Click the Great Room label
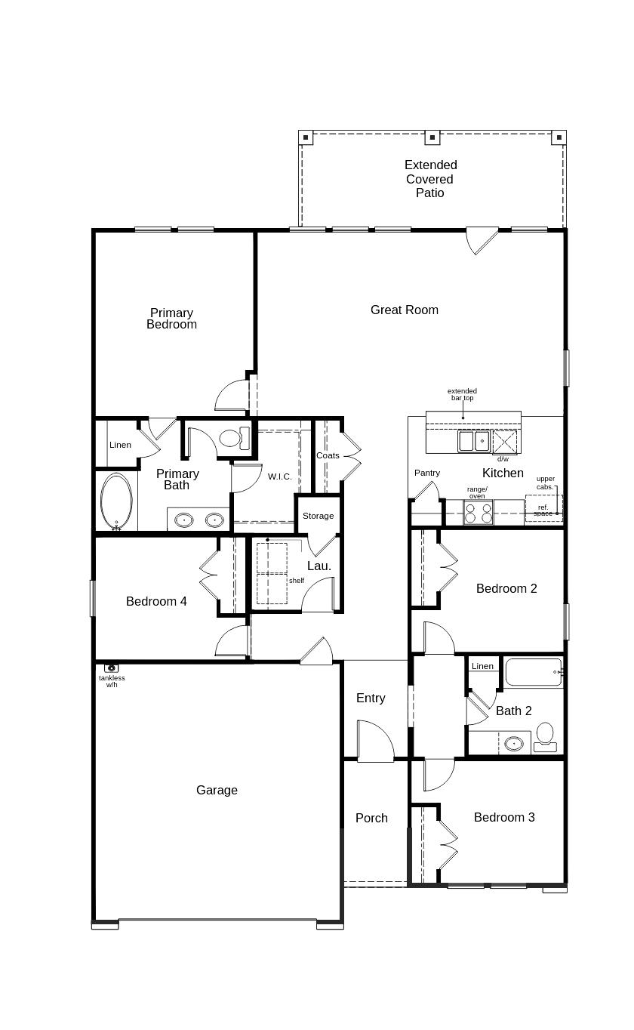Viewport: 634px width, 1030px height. click(404, 310)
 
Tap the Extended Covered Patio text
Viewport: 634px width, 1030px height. click(430, 179)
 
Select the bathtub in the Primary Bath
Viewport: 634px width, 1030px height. click(116, 501)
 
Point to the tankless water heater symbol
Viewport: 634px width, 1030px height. click(112, 668)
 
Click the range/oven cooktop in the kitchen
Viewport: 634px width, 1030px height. click(478, 513)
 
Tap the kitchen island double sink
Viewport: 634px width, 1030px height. click(474, 440)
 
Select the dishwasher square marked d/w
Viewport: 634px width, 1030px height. click(504, 442)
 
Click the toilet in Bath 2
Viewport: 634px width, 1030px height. click(545, 736)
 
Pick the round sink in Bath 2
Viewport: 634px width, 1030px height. click(514, 743)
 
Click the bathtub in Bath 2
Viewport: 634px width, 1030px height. click(534, 672)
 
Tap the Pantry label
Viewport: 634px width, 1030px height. click(427, 473)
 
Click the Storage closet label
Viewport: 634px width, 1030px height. click(318, 516)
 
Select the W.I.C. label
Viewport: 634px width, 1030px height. click(279, 476)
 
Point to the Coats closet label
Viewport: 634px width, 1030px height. click(328, 455)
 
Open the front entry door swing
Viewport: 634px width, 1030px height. click(374, 742)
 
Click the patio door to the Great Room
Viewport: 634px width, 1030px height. click(481, 239)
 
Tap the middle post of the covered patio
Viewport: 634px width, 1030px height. click(432, 137)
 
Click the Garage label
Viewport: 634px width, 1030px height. click(217, 790)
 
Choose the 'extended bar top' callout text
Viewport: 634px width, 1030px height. click(462, 394)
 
